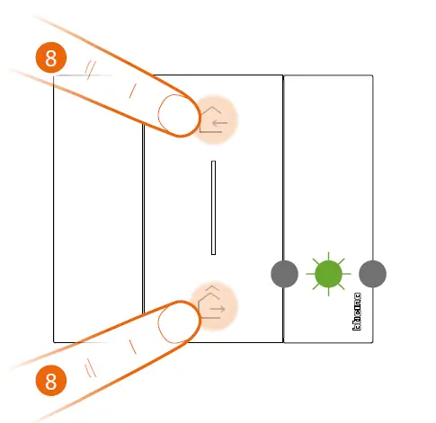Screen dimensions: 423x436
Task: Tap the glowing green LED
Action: [x=328, y=273]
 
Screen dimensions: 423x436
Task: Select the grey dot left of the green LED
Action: [x=284, y=273]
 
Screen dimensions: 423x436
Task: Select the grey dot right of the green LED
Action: [x=371, y=273]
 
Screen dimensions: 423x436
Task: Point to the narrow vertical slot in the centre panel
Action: [x=213, y=207]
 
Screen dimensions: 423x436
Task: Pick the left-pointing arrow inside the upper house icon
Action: [x=218, y=123]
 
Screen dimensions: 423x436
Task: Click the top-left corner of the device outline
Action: [x=55, y=76]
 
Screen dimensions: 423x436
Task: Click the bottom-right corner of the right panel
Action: [x=372, y=341]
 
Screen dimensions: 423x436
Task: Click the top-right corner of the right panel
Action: [x=372, y=76]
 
